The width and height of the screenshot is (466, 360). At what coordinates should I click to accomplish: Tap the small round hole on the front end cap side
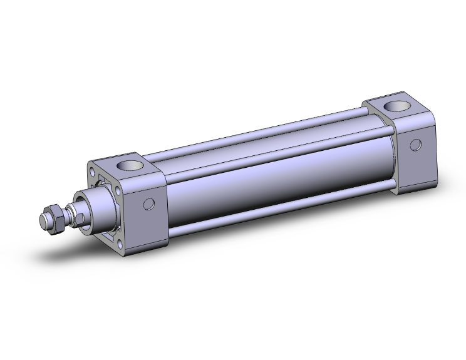pos(149,203)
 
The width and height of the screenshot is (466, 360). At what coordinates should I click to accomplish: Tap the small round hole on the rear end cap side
pos(415,145)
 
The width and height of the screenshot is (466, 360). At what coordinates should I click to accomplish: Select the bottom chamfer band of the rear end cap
pos(417,185)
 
